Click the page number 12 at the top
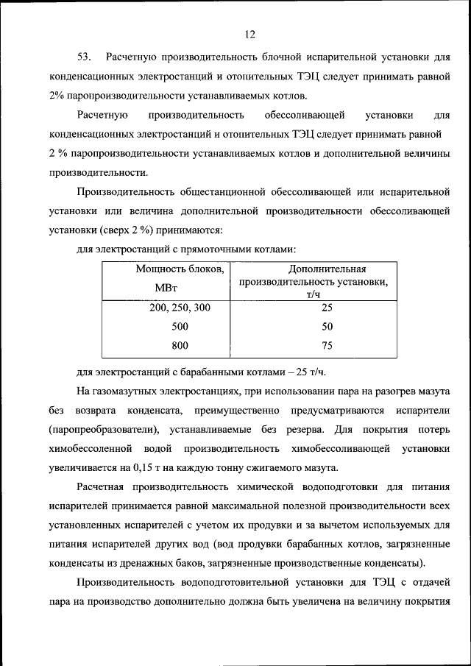pyautogui.click(x=249, y=33)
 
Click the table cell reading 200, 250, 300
pyautogui.click(x=180, y=308)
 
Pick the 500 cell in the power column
pyautogui.click(x=180, y=326)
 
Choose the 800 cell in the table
pyautogui.click(x=180, y=345)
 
